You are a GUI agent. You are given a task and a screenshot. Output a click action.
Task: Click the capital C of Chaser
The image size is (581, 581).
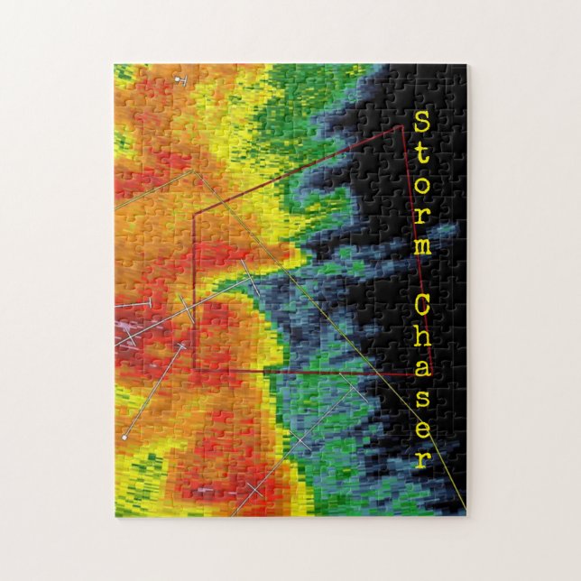[x=421, y=307]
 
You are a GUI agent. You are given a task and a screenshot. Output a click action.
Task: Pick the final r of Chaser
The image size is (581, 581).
[x=421, y=459]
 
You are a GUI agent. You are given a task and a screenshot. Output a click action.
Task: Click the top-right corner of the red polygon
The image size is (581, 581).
[x=401, y=127]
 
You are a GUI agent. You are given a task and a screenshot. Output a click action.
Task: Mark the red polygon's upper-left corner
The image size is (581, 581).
[x=194, y=214]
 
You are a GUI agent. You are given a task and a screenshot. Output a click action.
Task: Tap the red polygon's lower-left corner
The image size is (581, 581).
[x=194, y=369]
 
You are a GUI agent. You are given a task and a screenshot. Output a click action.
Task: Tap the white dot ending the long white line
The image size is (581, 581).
[x=124, y=437]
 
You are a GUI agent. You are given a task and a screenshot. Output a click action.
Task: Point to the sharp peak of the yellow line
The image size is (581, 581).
[x=196, y=171]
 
